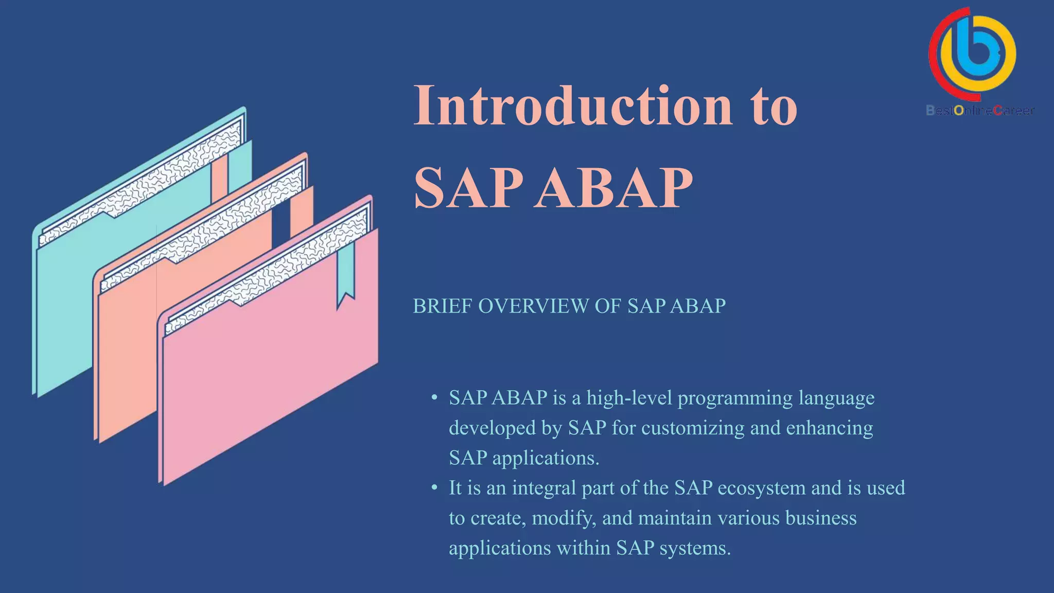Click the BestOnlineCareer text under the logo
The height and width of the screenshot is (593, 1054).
979,110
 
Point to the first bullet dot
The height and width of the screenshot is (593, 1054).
434,397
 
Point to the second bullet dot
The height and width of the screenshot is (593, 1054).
434,487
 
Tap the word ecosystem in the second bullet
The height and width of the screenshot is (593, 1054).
761,488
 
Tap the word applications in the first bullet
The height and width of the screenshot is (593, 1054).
546,458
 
